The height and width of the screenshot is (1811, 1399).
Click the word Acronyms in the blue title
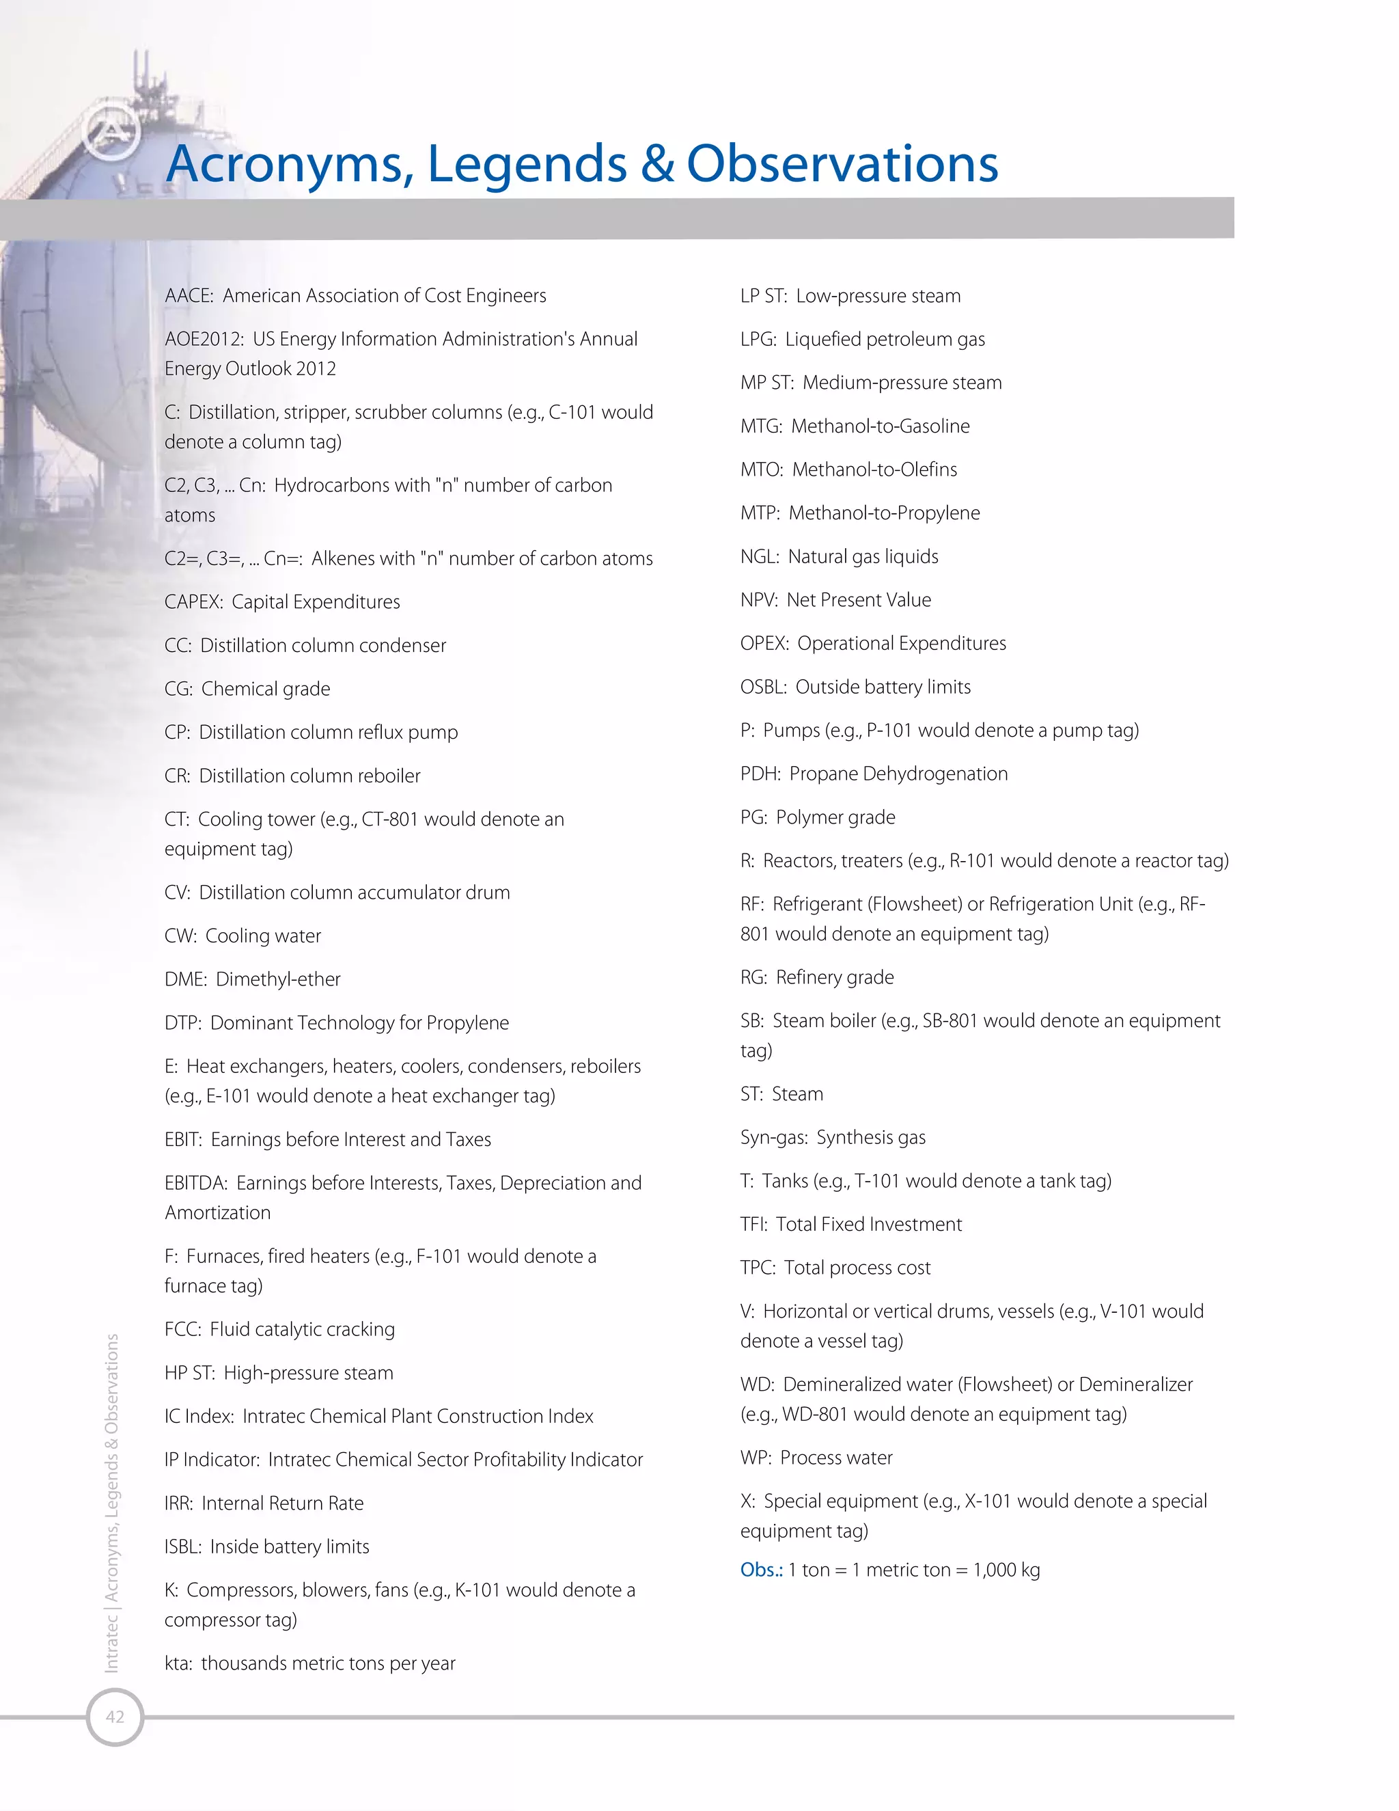[289, 163]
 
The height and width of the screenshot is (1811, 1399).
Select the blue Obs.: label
[761, 1570]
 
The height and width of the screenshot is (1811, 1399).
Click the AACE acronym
[188, 296]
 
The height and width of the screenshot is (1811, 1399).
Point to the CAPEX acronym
[192, 602]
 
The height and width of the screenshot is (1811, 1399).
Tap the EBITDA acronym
[195, 1183]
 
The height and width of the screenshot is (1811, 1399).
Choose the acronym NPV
[758, 600]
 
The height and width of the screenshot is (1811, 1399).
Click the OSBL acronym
[762, 687]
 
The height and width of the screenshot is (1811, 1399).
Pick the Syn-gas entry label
[773, 1138]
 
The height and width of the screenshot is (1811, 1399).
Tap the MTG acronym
[760, 426]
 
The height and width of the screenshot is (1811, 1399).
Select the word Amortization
[217, 1212]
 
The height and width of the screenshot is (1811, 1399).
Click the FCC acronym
[182, 1329]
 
